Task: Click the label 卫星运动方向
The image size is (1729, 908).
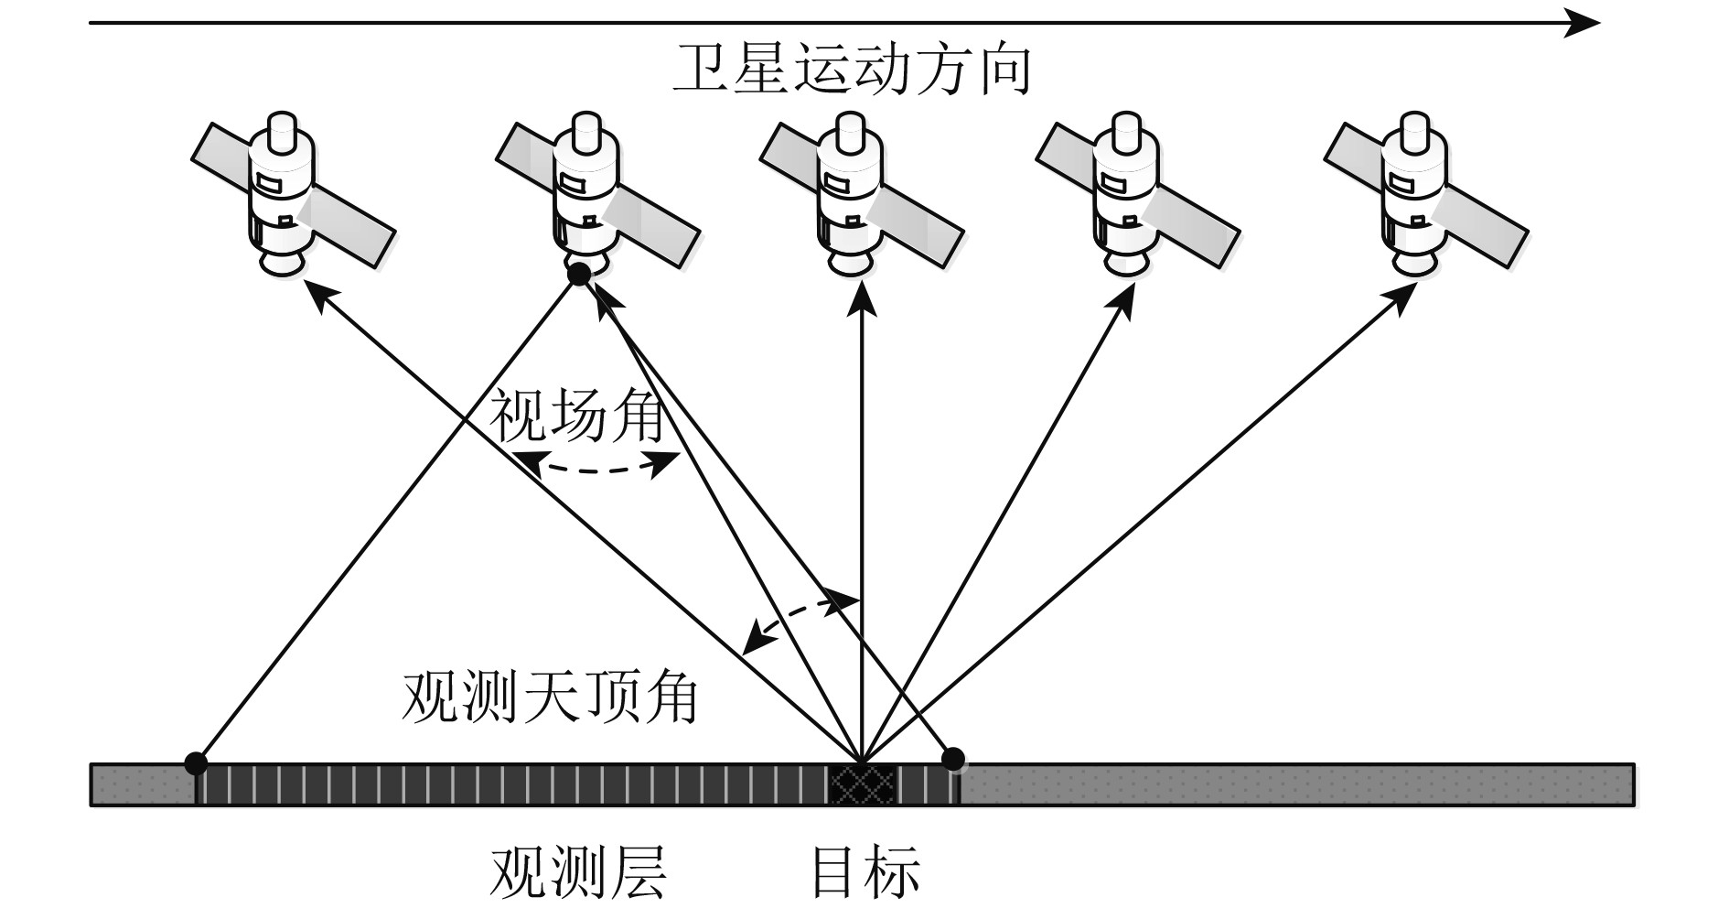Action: click(x=852, y=70)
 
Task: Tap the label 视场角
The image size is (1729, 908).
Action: click(x=577, y=416)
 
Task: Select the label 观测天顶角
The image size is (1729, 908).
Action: click(x=550, y=698)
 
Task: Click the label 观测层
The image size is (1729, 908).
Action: click(x=578, y=872)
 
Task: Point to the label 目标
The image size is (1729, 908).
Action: click(x=865, y=872)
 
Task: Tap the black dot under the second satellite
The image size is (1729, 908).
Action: click(x=579, y=273)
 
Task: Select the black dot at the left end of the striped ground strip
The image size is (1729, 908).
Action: click(x=195, y=761)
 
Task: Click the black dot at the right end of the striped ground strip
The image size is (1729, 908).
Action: click(x=953, y=758)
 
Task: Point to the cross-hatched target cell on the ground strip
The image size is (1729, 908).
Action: click(x=861, y=784)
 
